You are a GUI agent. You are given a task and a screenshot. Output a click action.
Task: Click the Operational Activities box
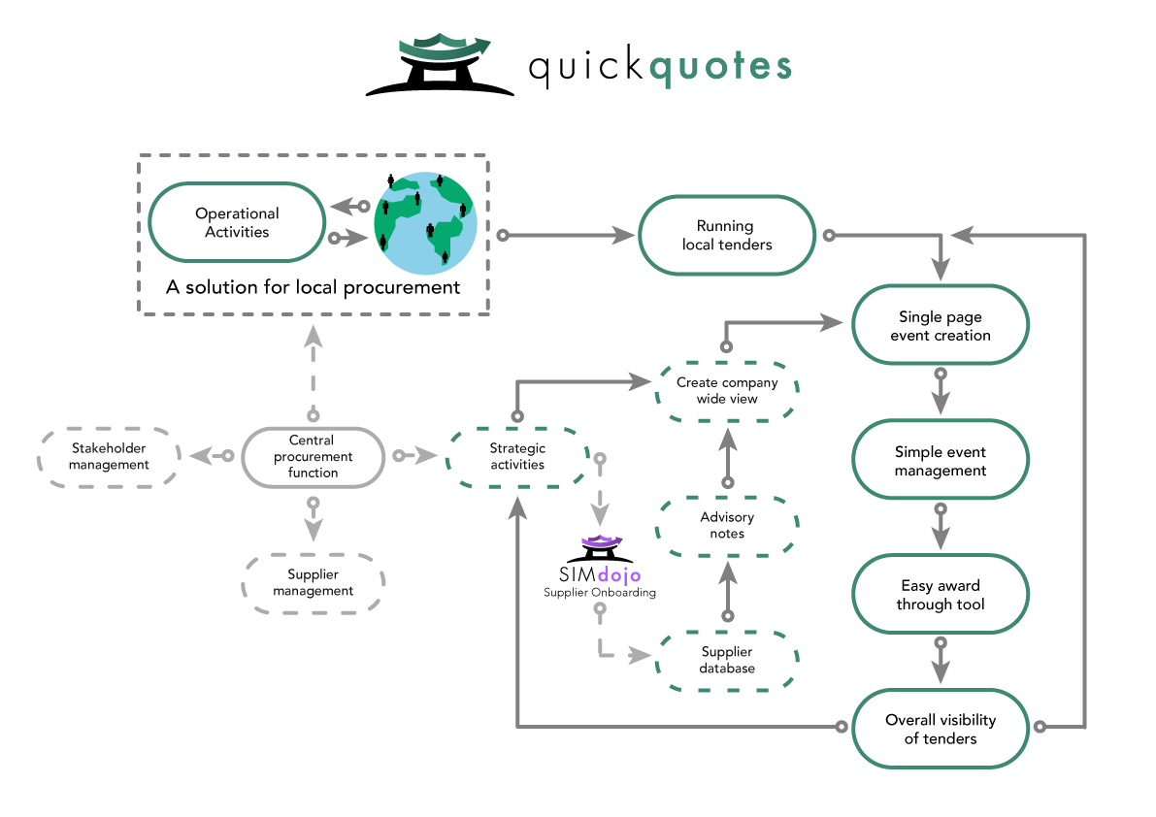[x=237, y=222]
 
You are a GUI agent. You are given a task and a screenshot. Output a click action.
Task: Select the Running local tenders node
[x=727, y=236]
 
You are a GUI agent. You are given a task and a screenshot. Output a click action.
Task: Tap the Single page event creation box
[x=940, y=325]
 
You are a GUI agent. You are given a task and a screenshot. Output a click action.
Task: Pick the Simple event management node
[x=940, y=461]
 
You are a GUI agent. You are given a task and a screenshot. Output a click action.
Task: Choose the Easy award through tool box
[x=940, y=595]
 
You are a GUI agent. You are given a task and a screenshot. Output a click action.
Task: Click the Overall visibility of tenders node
[x=940, y=729]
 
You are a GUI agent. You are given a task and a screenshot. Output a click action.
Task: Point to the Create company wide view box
[x=727, y=391]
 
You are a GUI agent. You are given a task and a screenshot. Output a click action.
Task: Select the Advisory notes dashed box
[x=727, y=525]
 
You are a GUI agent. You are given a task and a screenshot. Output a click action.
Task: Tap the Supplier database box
[x=727, y=660]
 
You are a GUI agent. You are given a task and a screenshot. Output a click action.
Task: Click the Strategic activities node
[x=517, y=456]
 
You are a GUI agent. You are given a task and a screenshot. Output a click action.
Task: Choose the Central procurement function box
[x=313, y=456]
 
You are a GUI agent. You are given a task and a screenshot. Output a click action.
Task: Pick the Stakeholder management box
[x=109, y=456]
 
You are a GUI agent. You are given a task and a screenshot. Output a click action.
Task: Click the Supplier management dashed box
[x=313, y=583]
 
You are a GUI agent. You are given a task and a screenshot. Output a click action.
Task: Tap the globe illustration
[x=425, y=222]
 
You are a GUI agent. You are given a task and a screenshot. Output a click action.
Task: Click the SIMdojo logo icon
[x=600, y=549]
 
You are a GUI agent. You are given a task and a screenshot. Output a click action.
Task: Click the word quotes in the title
[x=718, y=67]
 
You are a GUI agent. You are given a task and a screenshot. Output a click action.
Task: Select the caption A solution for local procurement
[x=313, y=287]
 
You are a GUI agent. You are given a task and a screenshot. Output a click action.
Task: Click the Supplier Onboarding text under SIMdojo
[x=600, y=592]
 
